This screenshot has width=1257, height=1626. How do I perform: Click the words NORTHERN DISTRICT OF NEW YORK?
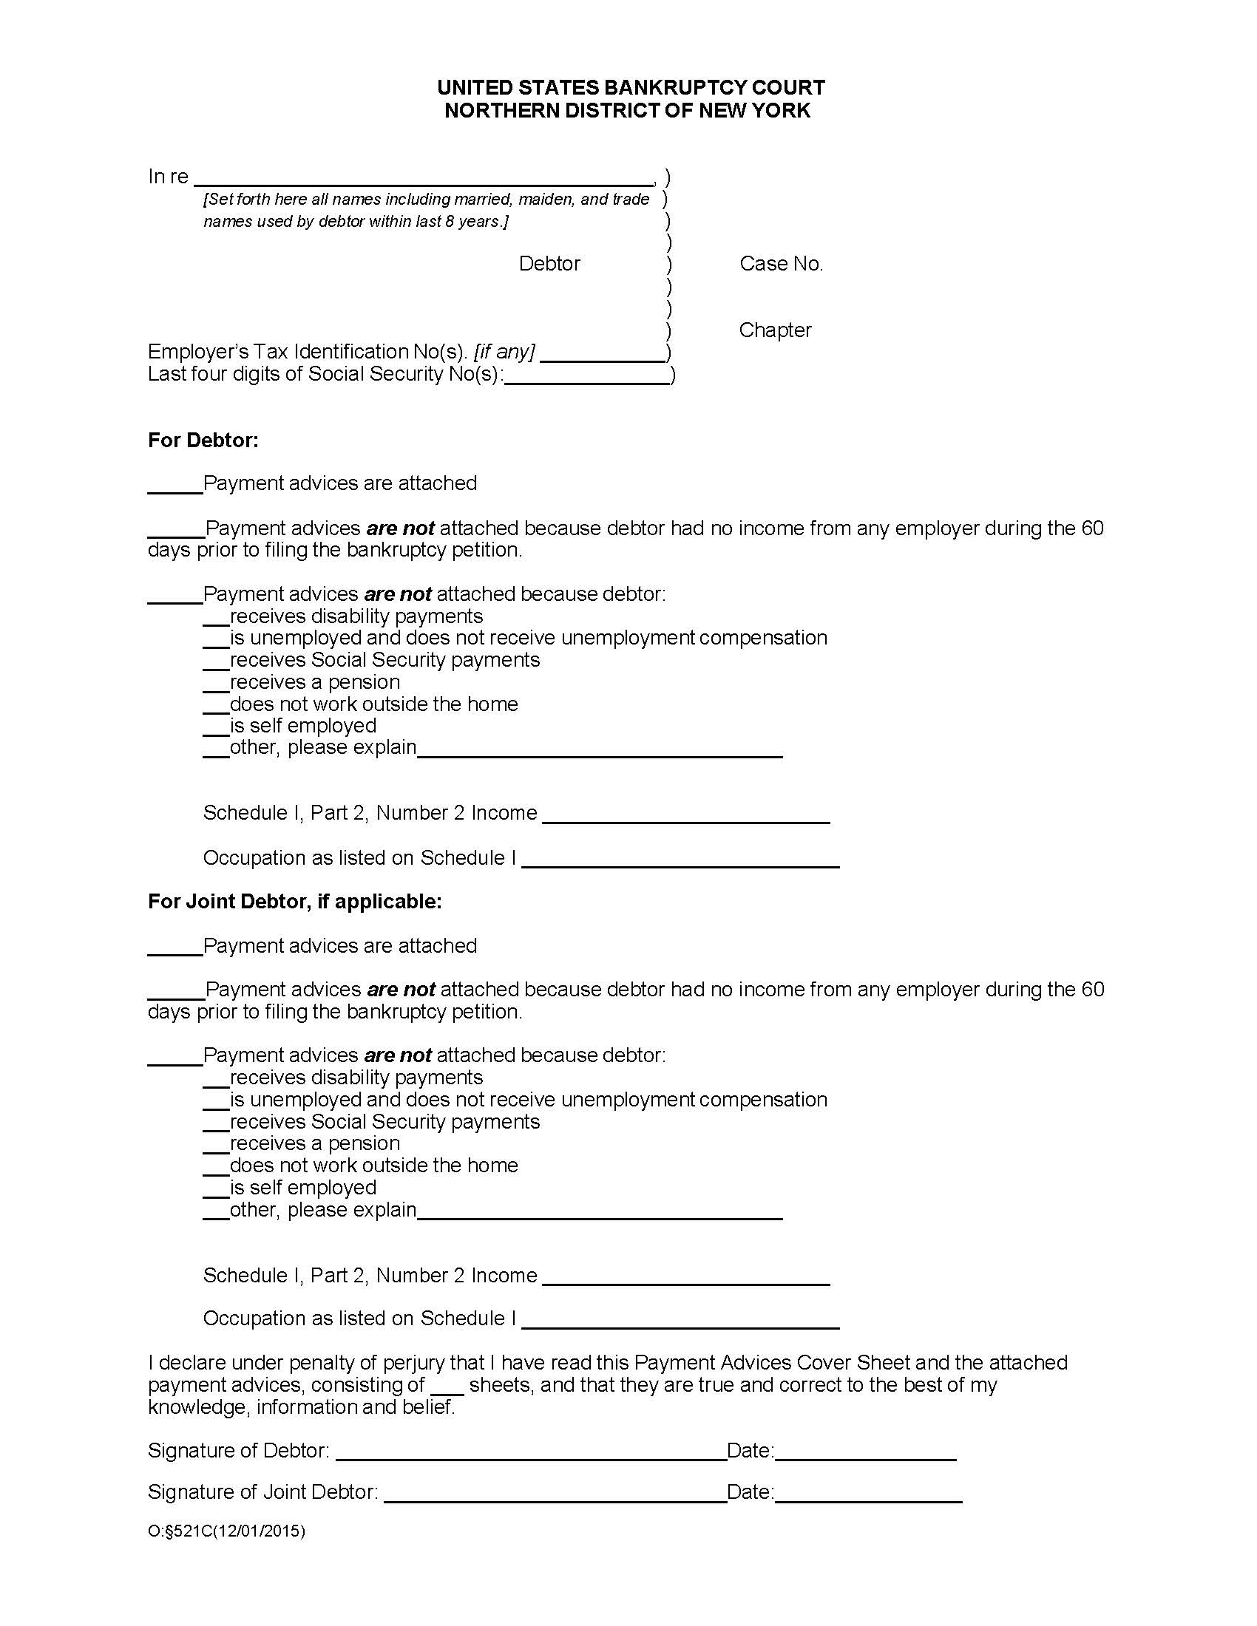(627, 111)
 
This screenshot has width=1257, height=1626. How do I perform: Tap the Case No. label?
(780, 264)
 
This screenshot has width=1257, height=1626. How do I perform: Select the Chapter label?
(774, 330)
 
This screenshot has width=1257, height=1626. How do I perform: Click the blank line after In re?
(423, 179)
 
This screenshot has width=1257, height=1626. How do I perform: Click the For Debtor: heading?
(203, 440)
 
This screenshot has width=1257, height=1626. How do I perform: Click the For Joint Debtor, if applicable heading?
(295, 902)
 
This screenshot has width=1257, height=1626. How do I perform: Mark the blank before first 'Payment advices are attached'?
(175, 486)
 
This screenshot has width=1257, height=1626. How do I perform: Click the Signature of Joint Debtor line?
(555, 1494)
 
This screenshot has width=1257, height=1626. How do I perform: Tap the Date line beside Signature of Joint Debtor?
(868, 1494)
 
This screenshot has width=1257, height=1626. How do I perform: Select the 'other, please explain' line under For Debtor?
(600, 750)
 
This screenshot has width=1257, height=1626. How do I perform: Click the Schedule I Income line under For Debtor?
(686, 816)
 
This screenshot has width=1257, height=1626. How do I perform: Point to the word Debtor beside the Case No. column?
(549, 264)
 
